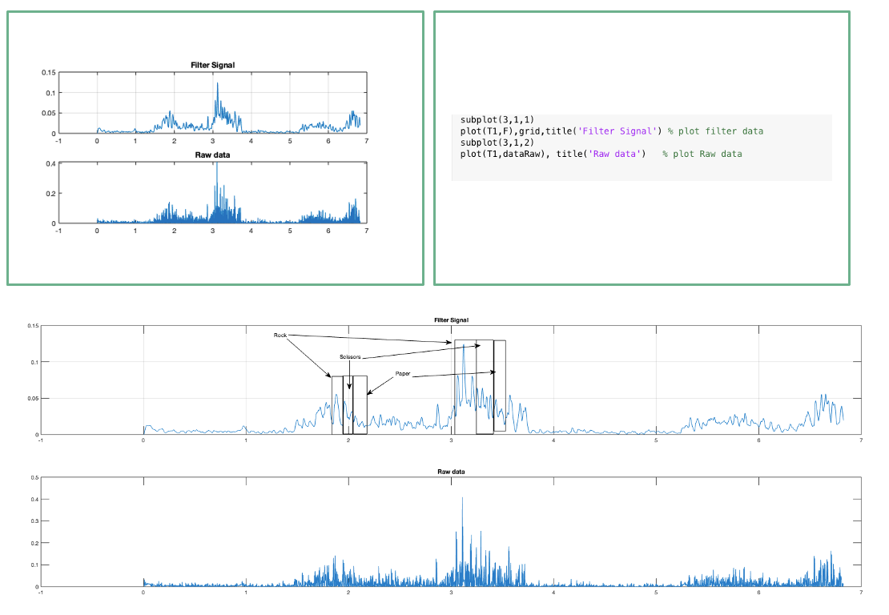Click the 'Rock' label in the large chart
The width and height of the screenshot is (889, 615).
coord(280,336)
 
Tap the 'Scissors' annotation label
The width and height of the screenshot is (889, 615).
coord(350,357)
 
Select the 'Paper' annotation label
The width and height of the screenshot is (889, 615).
coord(403,374)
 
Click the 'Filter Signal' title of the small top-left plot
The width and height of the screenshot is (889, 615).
coord(212,65)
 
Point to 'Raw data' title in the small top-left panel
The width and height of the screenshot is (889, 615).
coord(212,155)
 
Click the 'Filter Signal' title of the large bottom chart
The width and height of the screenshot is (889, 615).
coord(451,320)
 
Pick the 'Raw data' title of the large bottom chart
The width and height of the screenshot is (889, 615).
coord(451,472)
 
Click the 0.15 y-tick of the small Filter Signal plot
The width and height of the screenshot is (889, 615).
coord(48,73)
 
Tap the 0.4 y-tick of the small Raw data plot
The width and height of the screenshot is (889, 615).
coord(50,163)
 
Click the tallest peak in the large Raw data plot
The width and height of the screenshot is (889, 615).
coord(462,499)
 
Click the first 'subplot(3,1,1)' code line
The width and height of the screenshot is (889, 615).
coord(496,120)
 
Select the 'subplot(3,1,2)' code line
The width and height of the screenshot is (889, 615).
coord(496,143)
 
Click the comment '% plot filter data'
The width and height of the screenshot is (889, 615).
coord(715,131)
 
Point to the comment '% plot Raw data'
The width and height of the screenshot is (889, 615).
coord(702,154)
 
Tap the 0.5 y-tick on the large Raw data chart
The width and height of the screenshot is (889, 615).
coord(34,477)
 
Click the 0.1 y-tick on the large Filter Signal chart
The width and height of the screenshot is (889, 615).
coord(34,362)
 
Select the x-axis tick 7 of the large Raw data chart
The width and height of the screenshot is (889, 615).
coord(861,593)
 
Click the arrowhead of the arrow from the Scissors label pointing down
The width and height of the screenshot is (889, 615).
coord(350,388)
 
